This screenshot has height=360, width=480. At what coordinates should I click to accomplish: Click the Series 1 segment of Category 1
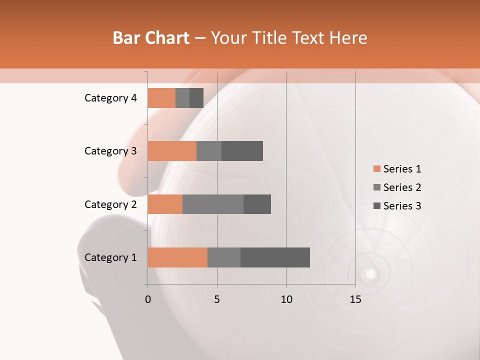(177, 257)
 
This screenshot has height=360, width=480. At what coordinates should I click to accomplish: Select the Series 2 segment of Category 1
(224, 257)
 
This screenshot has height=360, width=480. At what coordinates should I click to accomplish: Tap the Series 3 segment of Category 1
(275, 257)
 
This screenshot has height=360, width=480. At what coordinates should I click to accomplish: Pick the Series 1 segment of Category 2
(165, 204)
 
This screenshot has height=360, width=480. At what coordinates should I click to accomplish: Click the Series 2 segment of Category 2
(213, 204)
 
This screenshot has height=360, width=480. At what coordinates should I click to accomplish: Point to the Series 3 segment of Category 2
(257, 204)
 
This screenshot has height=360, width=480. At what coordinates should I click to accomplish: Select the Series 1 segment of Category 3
(172, 151)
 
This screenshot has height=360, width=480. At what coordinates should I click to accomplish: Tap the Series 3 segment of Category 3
(242, 151)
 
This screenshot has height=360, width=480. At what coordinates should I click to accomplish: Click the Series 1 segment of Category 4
(161, 98)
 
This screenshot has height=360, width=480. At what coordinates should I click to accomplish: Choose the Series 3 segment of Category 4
(196, 98)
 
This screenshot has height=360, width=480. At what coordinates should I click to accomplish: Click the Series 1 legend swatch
(376, 169)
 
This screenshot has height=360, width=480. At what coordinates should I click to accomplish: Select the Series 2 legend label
(402, 187)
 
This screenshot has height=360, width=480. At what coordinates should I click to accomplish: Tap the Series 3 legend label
(402, 206)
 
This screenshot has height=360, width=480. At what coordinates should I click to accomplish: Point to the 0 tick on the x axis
(148, 299)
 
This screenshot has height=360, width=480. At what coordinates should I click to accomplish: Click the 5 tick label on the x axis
(217, 299)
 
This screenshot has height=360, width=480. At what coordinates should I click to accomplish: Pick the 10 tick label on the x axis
(286, 299)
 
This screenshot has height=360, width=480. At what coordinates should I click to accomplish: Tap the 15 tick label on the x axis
(355, 299)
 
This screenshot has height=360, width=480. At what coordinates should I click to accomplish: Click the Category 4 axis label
(110, 98)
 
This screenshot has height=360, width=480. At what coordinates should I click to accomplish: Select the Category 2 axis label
(110, 204)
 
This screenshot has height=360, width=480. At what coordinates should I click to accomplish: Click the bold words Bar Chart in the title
(151, 38)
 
